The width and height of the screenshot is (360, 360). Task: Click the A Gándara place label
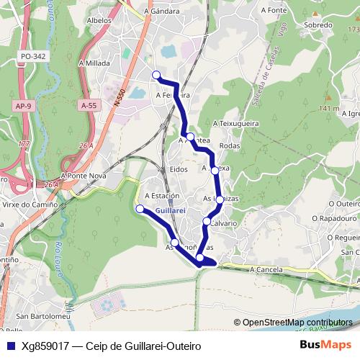click(161, 12)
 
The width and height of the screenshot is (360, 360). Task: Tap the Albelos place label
click(98, 21)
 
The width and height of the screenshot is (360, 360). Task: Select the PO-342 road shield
click(33, 55)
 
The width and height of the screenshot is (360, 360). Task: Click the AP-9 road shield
click(24, 106)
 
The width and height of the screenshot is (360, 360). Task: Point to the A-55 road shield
click(89, 105)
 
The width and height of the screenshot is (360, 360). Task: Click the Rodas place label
click(229, 145)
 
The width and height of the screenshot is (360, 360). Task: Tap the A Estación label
click(161, 196)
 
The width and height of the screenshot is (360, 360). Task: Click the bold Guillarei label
click(171, 210)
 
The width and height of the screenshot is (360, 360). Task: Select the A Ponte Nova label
click(84, 175)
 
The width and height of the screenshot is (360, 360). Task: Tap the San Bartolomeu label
click(42, 316)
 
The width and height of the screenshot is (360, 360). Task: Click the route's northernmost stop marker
click(156, 74)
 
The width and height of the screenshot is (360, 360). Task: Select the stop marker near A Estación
click(140, 209)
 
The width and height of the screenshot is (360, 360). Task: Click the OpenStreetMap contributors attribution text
click(296, 323)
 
